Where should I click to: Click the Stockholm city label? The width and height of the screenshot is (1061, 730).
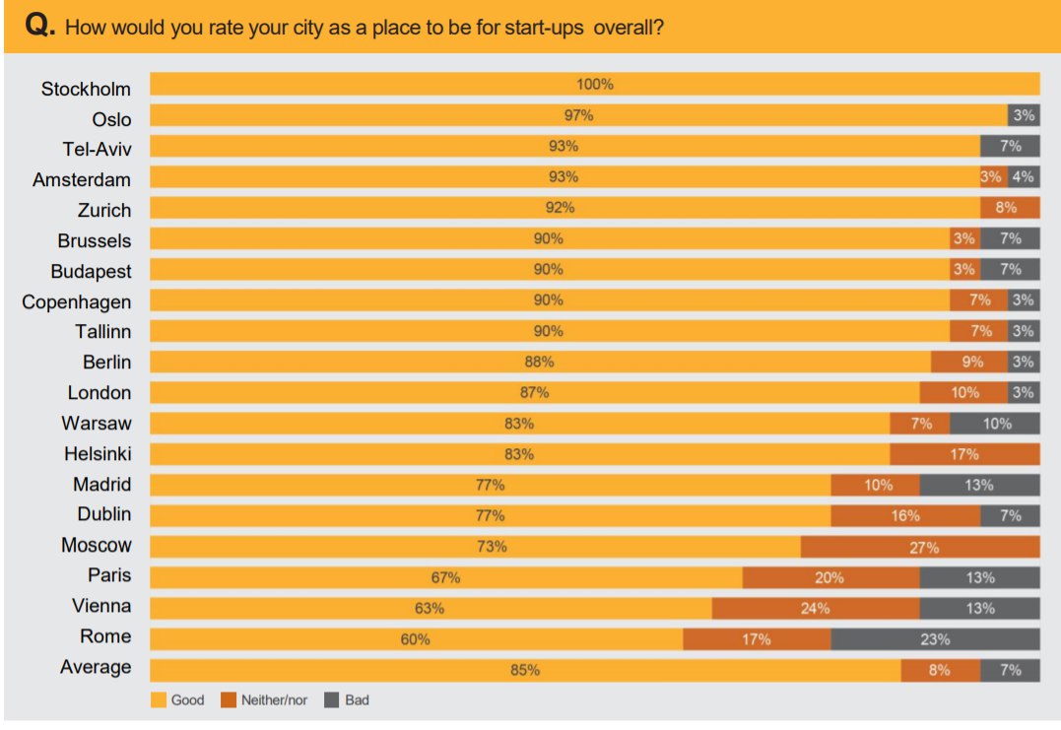tap(86, 89)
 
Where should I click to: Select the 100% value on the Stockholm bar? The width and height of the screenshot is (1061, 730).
tap(595, 85)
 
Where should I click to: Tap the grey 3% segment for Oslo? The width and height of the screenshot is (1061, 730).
tap(1024, 115)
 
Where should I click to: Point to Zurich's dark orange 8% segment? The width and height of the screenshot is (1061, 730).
tap(1010, 208)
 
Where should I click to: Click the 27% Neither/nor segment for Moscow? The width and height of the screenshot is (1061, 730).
tap(920, 547)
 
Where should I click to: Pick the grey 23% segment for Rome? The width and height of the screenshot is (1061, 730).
tap(935, 639)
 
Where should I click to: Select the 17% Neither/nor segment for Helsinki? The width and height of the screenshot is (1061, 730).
tap(964, 454)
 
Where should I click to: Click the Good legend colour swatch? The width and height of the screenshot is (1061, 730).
tap(159, 700)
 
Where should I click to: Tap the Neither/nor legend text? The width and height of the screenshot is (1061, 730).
tap(274, 700)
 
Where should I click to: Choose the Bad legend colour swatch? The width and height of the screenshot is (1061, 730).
tap(332, 700)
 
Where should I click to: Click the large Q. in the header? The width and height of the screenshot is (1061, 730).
tap(40, 26)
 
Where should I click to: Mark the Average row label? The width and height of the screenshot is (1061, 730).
tap(96, 667)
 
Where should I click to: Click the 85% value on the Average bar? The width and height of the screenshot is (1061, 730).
tap(525, 671)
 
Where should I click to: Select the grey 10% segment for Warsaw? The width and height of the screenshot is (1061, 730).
tap(995, 424)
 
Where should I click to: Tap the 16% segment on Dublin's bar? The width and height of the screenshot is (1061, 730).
tap(905, 516)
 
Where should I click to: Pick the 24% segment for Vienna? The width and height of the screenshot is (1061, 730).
tap(816, 608)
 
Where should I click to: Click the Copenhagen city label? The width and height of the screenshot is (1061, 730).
tap(77, 301)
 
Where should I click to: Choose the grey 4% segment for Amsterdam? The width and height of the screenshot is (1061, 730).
tap(1024, 177)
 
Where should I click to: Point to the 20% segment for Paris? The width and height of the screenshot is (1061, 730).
tap(830, 577)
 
